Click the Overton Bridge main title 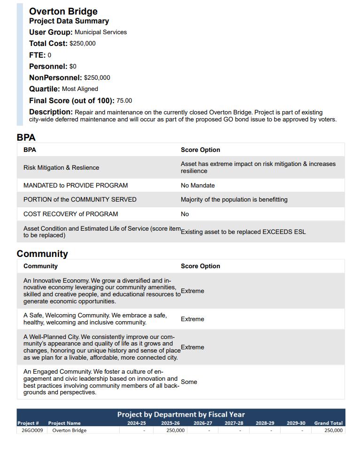tap(63, 11)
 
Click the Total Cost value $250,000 tap(83, 44)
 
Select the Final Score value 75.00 tap(124, 101)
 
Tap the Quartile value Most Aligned tap(80, 89)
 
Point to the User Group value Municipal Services tap(100, 32)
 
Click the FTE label tap(37, 55)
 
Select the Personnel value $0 tap(73, 67)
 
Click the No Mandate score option tap(198, 185)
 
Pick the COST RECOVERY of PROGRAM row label tap(71, 214)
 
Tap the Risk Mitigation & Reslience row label tap(61, 167)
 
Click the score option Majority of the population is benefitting tap(234, 199)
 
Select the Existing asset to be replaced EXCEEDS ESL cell tap(243, 232)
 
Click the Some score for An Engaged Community tap(189, 382)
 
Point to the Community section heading tap(42, 254)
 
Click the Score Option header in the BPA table tap(200, 150)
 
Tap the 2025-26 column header tap(170, 423)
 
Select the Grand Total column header tap(329, 423)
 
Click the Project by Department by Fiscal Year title tap(181, 414)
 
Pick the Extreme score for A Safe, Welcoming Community tap(192, 319)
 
